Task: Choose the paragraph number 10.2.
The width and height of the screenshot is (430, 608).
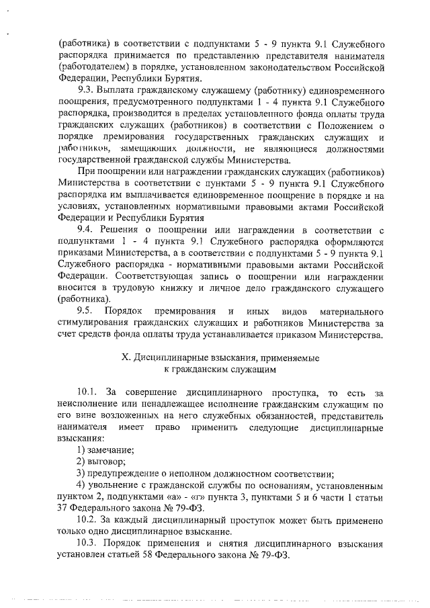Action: pos(87,520)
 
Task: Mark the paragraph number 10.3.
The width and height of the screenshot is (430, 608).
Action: pos(87,544)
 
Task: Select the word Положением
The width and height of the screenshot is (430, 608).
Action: pos(336,125)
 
